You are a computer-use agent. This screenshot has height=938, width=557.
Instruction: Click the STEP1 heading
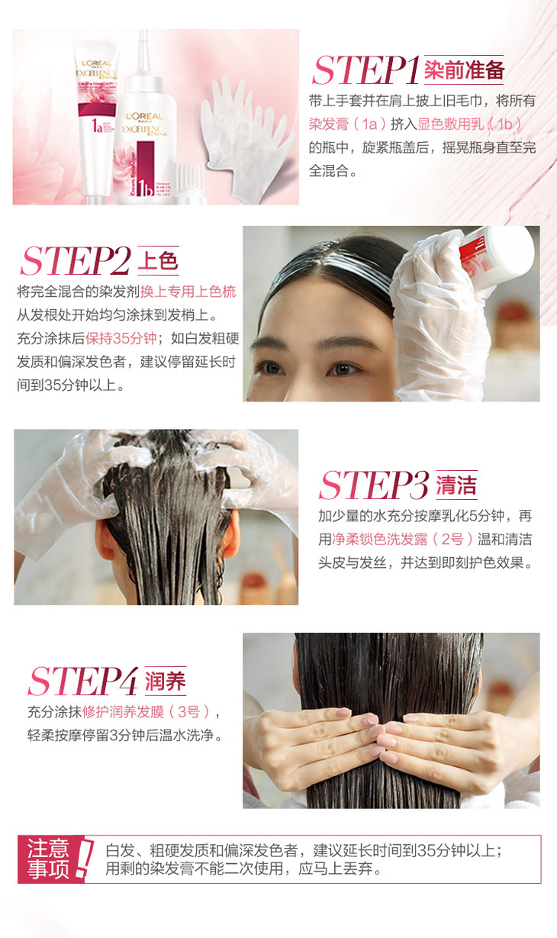tap(365, 70)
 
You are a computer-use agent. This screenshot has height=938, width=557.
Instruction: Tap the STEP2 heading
tap(76, 261)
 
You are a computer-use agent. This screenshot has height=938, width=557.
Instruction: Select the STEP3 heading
tap(374, 485)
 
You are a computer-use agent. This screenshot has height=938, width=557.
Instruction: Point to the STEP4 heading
tap(83, 681)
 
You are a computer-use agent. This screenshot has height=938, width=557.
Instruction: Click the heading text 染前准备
tap(464, 69)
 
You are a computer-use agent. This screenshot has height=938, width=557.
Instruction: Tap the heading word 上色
tap(158, 260)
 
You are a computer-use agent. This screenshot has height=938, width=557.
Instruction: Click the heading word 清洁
tap(456, 485)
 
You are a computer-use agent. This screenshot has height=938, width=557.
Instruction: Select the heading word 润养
tap(166, 681)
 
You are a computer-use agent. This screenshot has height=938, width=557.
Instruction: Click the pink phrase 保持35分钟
tap(121, 338)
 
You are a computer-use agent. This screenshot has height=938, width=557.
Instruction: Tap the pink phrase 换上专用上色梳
tap(188, 292)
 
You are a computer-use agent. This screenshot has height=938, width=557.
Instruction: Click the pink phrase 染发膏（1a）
tap(347, 124)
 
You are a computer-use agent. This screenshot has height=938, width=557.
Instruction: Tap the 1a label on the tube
tap(97, 125)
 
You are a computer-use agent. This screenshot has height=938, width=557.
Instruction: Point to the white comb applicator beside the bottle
tap(189, 184)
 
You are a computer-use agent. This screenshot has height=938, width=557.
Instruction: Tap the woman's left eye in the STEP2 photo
tap(342, 369)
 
